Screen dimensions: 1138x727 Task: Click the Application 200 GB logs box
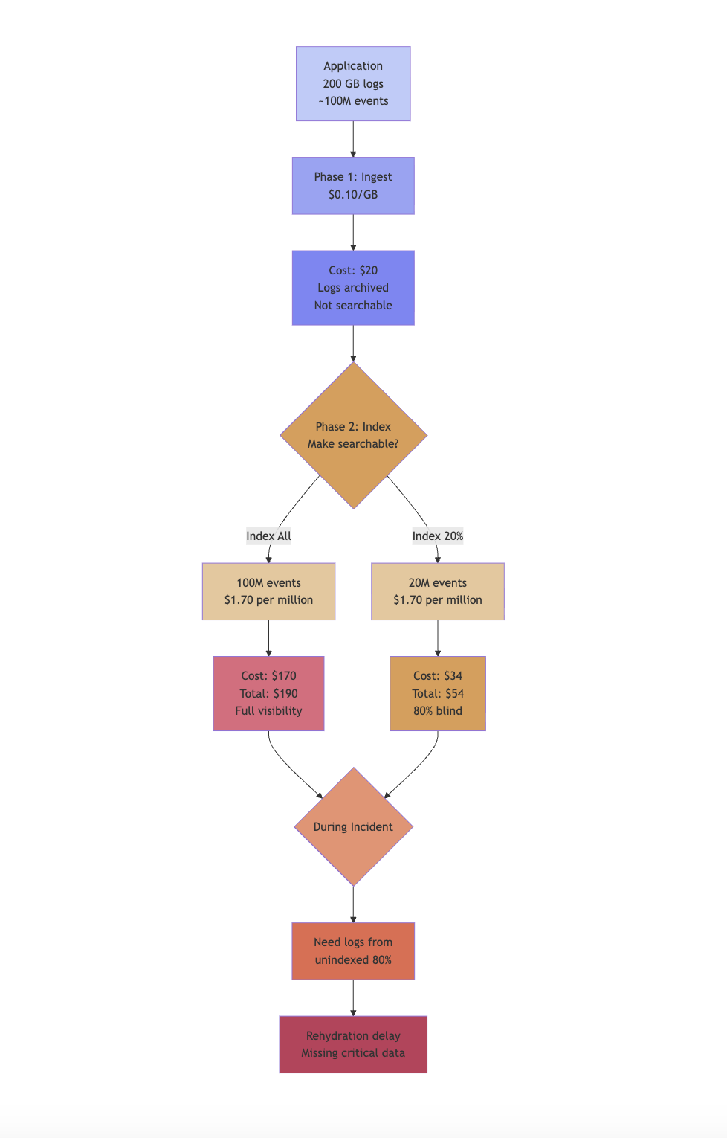point(353,83)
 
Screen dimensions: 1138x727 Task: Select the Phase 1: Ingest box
point(353,185)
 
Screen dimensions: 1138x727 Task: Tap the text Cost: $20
point(353,270)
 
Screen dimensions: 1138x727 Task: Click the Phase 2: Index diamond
point(353,435)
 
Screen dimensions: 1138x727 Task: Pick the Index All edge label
point(268,536)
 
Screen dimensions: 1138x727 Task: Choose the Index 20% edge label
point(437,536)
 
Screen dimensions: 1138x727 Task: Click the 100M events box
point(268,591)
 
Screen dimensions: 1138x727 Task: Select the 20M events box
point(437,591)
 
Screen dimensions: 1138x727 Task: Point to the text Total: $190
point(268,693)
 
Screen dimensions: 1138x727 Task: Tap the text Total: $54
point(437,693)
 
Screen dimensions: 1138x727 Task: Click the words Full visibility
point(268,710)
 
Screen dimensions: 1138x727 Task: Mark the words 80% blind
point(437,710)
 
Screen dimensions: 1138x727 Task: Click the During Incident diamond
point(353,826)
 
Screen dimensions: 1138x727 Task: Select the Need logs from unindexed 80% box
point(353,951)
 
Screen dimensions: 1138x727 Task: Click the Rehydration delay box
point(353,1044)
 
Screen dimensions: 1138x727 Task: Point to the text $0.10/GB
point(353,194)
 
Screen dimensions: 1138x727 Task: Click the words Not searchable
point(353,305)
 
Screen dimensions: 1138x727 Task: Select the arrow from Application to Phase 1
point(353,139)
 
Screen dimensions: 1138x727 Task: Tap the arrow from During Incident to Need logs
point(353,904)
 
